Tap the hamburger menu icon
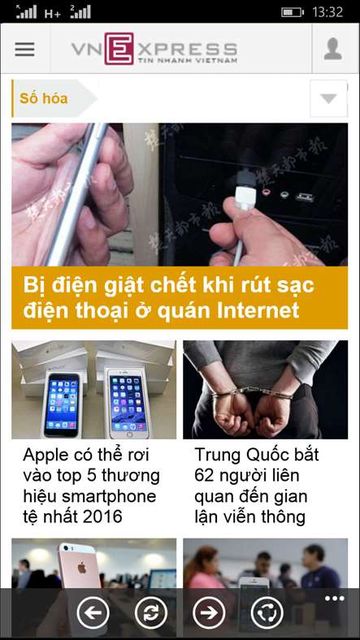point(25,49)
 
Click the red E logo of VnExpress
point(119,49)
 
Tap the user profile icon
point(333,49)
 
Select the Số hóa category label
point(44,98)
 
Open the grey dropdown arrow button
point(328,98)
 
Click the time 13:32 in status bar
point(327,12)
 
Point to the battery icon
point(293,12)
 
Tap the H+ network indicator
point(53,13)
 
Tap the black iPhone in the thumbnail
point(62,404)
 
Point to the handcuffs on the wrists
point(251,393)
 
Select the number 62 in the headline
point(204,475)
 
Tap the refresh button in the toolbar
point(151,612)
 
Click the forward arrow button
point(209,612)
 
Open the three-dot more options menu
point(335,599)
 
